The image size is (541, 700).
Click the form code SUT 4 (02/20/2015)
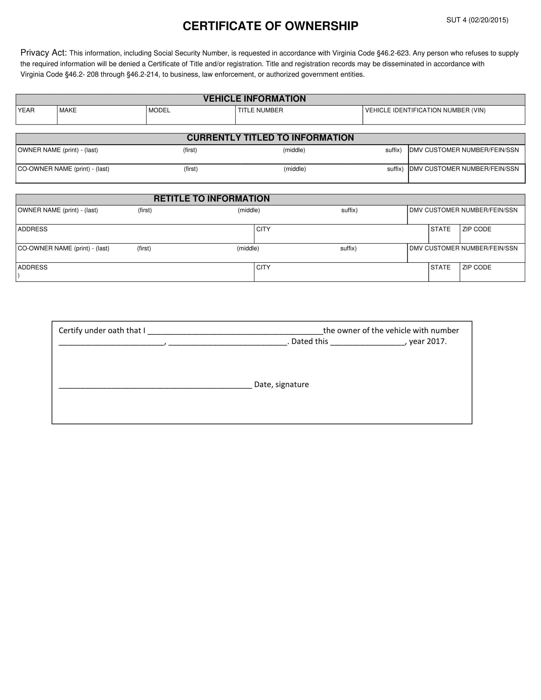477,20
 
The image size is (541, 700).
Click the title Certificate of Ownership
270,26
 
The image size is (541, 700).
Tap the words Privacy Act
44,52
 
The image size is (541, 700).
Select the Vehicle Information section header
254,99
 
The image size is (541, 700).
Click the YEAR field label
26,110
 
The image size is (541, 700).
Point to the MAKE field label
68,110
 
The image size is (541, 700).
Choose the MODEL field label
159,110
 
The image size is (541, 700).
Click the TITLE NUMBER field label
260,110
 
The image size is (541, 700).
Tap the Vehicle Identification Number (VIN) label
425,110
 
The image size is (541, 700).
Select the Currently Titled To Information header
270,138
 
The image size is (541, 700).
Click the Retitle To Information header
212,199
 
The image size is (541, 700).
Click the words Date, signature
281,384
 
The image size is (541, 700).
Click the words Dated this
310,341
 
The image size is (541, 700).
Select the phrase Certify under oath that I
102,331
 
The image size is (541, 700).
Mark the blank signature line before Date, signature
155,387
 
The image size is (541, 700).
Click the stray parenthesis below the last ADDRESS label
18,275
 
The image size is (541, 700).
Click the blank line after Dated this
367,343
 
